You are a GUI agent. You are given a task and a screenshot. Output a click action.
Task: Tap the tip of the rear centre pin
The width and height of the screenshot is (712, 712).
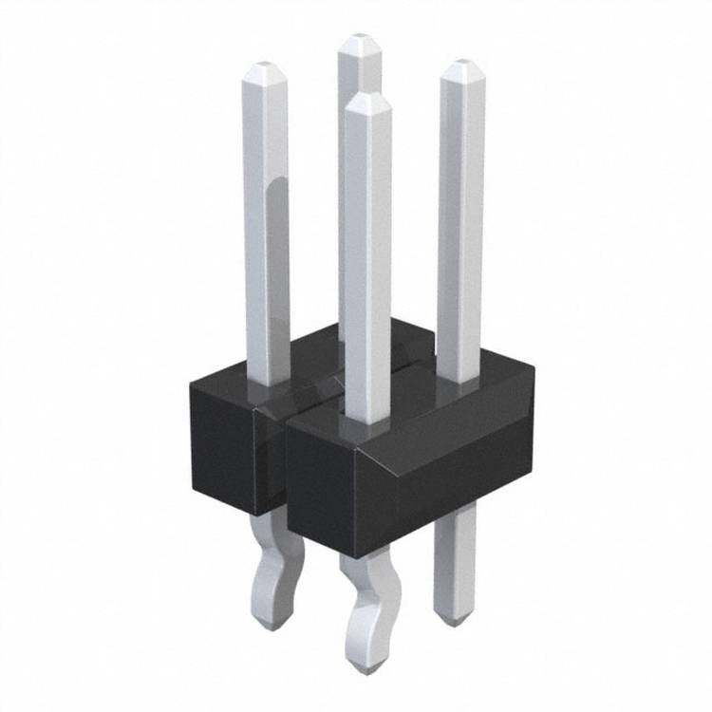(x=359, y=41)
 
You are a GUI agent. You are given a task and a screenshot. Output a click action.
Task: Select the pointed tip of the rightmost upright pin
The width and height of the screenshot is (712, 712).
(x=462, y=65)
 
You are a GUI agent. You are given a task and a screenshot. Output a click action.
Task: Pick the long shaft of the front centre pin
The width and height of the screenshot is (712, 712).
(x=367, y=266)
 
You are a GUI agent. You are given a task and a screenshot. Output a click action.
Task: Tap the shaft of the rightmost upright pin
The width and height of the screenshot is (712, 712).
(x=461, y=228)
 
